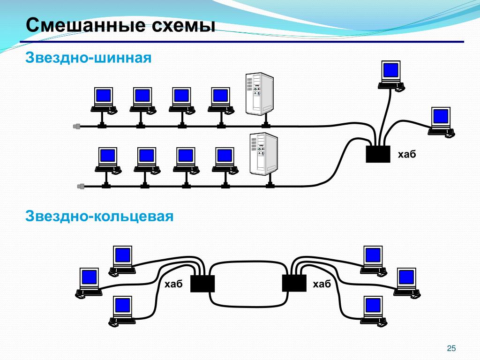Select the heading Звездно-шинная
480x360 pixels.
click(x=89, y=58)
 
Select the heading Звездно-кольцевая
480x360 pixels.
click(x=99, y=216)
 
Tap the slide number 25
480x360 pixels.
click(x=451, y=348)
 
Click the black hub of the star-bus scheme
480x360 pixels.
click(x=378, y=154)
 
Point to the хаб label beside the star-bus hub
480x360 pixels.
click(x=407, y=154)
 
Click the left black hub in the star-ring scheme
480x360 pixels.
click(x=202, y=284)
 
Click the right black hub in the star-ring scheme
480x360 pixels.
click(x=294, y=283)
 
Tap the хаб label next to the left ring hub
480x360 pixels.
click(x=173, y=284)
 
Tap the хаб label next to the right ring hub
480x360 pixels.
click(x=322, y=284)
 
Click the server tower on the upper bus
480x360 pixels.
click(x=260, y=94)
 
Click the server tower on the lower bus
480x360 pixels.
click(x=263, y=154)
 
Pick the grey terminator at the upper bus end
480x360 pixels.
click(x=76, y=126)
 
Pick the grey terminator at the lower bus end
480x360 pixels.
click(x=81, y=186)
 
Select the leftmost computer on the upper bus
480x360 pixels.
click(x=104, y=101)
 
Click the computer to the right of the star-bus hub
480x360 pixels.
click(x=441, y=122)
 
